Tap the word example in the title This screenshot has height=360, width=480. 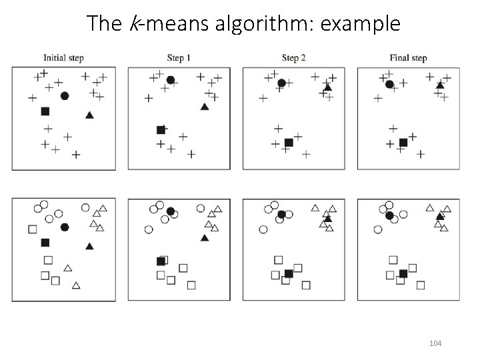click(x=359, y=23)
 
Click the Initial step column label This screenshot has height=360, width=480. click(x=63, y=58)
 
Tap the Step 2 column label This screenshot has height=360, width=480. click(x=294, y=58)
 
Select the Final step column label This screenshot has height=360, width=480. click(x=408, y=58)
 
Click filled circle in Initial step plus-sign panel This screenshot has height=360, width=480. click(x=65, y=96)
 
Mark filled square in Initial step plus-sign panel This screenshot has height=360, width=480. click(x=45, y=111)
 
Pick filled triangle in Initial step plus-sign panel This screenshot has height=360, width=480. click(x=89, y=115)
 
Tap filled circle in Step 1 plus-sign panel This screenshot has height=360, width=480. click(x=171, y=80)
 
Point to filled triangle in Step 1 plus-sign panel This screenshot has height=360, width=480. click(x=205, y=107)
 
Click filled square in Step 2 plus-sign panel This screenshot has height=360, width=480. click(x=289, y=142)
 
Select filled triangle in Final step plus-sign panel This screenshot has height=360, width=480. click(x=440, y=85)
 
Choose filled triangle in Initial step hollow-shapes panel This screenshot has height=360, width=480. click(x=89, y=246)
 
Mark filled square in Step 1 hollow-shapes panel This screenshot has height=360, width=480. click(x=161, y=261)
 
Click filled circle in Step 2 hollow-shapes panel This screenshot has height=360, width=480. click(x=282, y=214)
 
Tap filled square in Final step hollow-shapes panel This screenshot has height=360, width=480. click(x=403, y=273)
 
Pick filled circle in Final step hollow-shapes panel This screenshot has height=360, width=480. click(x=389, y=215)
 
